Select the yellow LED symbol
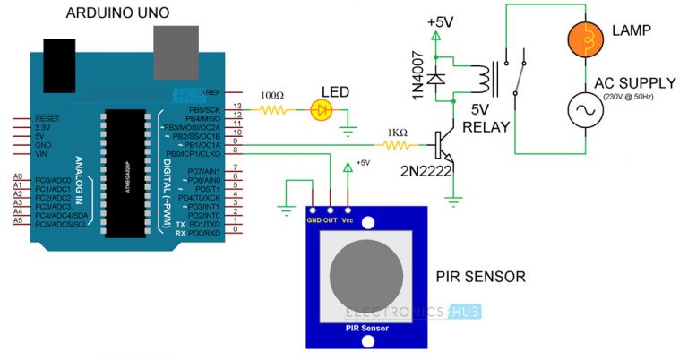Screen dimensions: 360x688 [321, 110]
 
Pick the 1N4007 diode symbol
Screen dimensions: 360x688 [436, 79]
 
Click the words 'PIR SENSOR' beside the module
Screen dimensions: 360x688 [479, 276]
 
